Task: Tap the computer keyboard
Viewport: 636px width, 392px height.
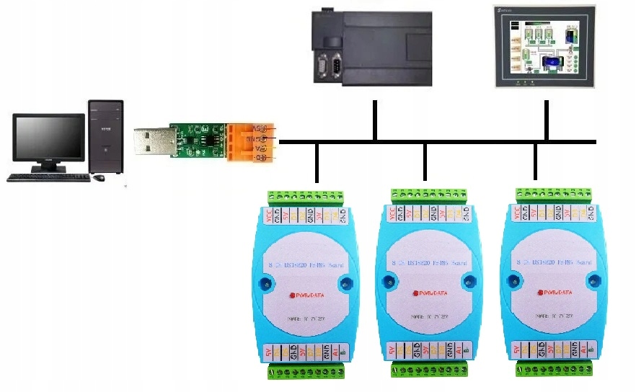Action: pyautogui.click(x=48, y=177)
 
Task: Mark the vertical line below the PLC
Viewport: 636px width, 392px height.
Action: pyautogui.click(x=375, y=120)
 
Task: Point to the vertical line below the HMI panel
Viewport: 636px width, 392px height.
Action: pyautogui.click(x=547, y=120)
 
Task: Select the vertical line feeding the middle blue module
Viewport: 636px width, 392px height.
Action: pyautogui.click(x=425, y=161)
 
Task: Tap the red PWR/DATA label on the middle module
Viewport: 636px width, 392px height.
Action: pyautogui.click(x=431, y=293)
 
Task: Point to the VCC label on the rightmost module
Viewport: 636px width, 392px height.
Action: pyautogui.click(x=518, y=214)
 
